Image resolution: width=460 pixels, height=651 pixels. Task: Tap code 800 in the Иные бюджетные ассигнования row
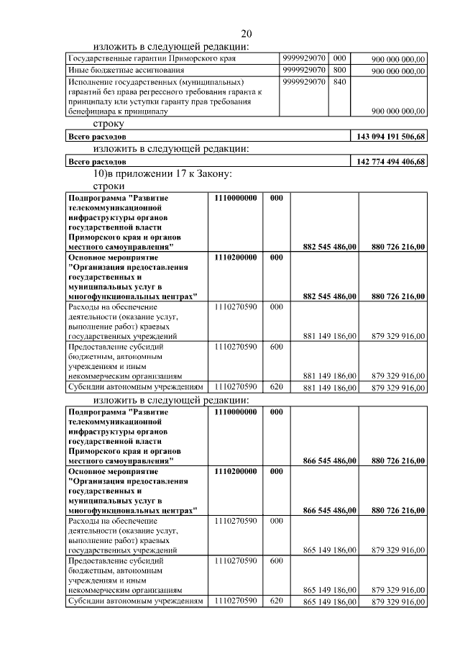pos(340,70)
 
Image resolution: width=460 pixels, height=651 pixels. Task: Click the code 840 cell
pos(340,83)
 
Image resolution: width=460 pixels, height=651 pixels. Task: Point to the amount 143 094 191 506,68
pos(390,137)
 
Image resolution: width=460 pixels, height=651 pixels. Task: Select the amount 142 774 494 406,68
pos(390,162)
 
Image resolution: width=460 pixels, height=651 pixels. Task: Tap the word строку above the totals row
pos(109,124)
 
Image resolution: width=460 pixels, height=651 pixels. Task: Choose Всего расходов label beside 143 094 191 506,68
pos(97,137)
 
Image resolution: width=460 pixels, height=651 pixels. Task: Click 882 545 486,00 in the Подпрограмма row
pos(330,247)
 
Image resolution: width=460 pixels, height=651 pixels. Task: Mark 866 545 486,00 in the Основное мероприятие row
pos(330,510)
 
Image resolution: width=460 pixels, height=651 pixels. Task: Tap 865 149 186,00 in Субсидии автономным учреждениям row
pos(330,601)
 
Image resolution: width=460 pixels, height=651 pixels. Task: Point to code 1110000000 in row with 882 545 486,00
pos(235,198)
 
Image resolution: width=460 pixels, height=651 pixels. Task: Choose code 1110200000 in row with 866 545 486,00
pos(235,471)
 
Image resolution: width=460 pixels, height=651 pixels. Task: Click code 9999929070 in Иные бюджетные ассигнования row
pos(305,70)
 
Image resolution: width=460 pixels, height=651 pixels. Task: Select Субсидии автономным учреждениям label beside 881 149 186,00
pos(131,387)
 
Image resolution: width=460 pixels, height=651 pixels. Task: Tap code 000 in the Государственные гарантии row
pos(340,58)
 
